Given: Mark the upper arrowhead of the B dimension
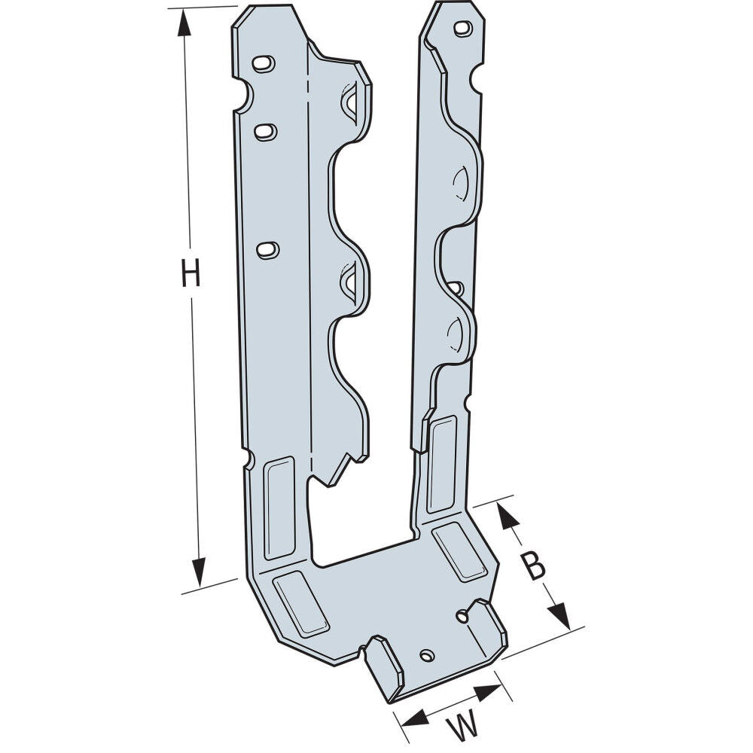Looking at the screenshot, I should coord(508,515).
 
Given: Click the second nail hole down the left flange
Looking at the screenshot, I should coord(264,132).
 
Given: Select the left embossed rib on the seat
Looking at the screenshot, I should coord(300,602).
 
